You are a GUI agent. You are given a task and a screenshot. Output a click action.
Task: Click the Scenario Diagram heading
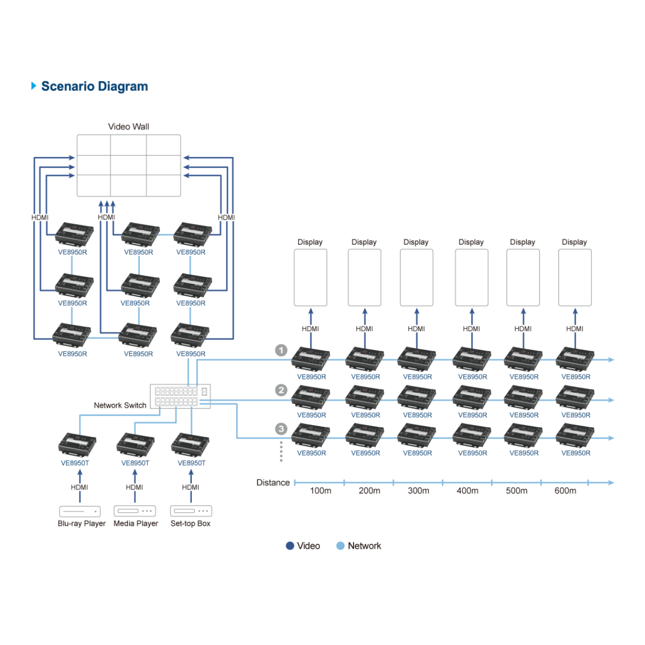tap(95, 87)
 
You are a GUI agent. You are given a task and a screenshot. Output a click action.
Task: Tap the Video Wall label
tap(128, 127)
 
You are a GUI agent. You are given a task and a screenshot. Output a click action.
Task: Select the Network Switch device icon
tap(180, 397)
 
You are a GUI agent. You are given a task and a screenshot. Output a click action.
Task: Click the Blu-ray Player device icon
tap(80, 511)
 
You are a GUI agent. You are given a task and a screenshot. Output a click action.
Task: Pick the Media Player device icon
tap(135, 511)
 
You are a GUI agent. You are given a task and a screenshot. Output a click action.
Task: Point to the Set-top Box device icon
tap(191, 511)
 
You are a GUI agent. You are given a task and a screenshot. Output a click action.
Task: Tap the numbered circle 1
tap(281, 350)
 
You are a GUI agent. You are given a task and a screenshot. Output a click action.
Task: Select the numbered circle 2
tap(281, 390)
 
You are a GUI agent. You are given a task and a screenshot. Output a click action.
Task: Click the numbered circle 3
tap(281, 429)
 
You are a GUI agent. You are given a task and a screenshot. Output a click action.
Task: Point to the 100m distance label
tap(320, 491)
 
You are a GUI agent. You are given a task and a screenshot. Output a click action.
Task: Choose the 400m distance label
tap(467, 491)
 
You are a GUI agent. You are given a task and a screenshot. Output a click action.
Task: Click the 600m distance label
tap(565, 491)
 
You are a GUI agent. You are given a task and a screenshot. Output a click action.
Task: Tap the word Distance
tap(273, 483)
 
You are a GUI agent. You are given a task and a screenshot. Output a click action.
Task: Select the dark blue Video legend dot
tap(290, 546)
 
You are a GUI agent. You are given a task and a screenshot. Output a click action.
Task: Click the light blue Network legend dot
tap(340, 546)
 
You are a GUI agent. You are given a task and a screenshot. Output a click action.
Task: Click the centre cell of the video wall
tap(128, 166)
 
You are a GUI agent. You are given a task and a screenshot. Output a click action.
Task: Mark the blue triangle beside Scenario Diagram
tap(34, 86)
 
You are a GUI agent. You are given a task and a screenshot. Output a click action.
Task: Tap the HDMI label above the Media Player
tap(134, 488)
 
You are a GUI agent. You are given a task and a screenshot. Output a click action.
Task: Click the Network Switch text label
tap(120, 405)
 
